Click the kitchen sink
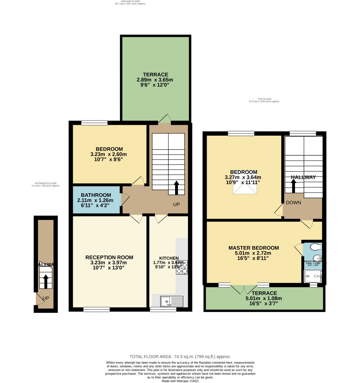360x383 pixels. [172, 301]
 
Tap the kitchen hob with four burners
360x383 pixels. [182, 267]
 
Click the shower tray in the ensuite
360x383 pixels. [314, 277]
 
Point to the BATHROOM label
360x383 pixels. [96, 195]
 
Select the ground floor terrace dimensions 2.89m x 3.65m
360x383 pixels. [155, 80]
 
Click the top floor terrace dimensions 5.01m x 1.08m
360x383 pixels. [264, 299]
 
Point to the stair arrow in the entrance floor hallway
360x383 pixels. [45, 281]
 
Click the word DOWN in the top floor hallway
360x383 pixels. [293, 203]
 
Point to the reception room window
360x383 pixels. [96, 310]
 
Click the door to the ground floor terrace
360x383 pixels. [164, 119]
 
